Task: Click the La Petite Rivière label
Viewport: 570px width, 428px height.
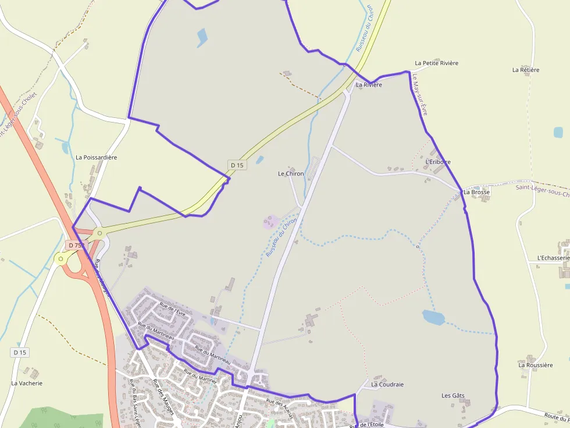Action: pos(436,63)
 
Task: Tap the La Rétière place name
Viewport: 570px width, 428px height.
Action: pos(526,70)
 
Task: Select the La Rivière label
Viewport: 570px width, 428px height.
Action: pos(369,85)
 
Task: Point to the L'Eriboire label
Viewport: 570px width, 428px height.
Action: pos(438,162)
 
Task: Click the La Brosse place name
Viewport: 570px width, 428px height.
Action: pos(476,192)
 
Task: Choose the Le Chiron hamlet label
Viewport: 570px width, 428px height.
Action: pos(291,174)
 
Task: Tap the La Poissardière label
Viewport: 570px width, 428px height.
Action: pos(97,157)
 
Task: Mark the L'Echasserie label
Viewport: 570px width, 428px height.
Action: pos(553,258)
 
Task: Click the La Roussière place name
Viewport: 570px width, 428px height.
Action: pos(535,365)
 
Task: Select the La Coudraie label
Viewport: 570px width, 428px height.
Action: pos(387,384)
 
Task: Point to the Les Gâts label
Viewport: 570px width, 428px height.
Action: pos(453,396)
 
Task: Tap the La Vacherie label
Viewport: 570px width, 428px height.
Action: pos(27,383)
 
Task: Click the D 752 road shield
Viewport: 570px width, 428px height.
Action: pos(76,246)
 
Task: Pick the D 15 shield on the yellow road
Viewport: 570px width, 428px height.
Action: pos(237,165)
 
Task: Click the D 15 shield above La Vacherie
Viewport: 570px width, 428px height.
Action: pos(20,353)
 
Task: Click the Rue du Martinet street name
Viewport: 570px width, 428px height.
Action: pos(200,376)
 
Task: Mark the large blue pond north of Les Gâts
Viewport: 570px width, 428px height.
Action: pos(433,317)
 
